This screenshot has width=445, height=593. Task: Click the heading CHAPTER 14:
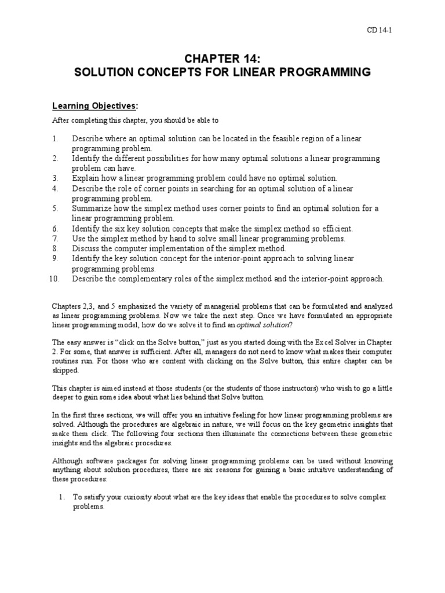point(222,59)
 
